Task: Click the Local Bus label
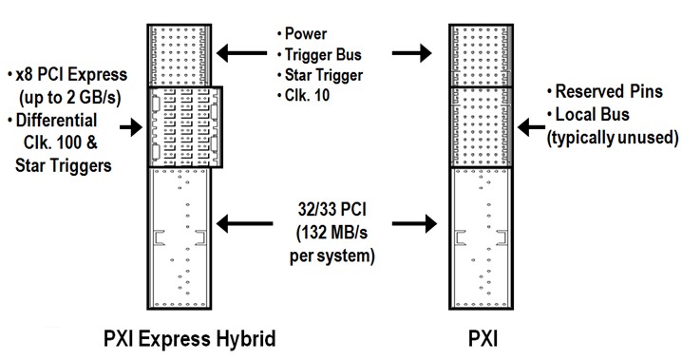[x=595, y=115]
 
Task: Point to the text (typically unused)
[x=612, y=138]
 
